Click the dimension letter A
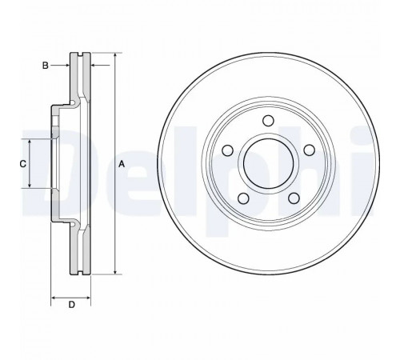click(x=122, y=164)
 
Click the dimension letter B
click(x=46, y=66)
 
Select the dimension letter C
click(x=23, y=164)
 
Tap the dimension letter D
click(x=72, y=305)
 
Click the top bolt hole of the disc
click(x=268, y=121)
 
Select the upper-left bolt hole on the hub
click(x=227, y=150)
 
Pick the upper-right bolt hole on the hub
click(x=310, y=150)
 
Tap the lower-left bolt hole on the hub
click(x=243, y=198)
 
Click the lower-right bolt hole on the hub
click(x=294, y=198)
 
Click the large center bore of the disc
click(x=268, y=163)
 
